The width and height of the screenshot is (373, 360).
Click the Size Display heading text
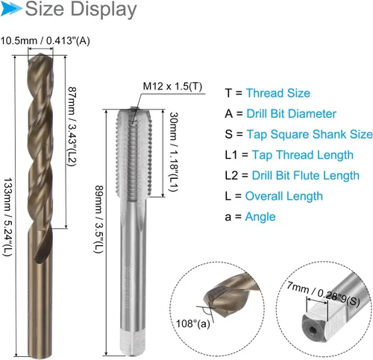pos(81,10)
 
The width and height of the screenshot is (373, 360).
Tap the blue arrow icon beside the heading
pos(11,8)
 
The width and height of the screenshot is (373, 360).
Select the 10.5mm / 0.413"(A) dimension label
pos(45,41)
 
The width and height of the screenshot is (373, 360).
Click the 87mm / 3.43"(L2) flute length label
pos(72,127)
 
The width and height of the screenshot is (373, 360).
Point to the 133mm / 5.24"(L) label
pos(7,217)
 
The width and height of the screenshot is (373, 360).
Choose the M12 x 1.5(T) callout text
pos(172,86)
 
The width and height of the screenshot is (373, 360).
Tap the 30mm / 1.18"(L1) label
pos(174,152)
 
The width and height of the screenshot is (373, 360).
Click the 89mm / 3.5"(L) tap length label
pos(98,219)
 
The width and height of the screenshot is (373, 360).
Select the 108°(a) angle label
pos(192,323)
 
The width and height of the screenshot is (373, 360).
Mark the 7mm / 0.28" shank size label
pos(323,294)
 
